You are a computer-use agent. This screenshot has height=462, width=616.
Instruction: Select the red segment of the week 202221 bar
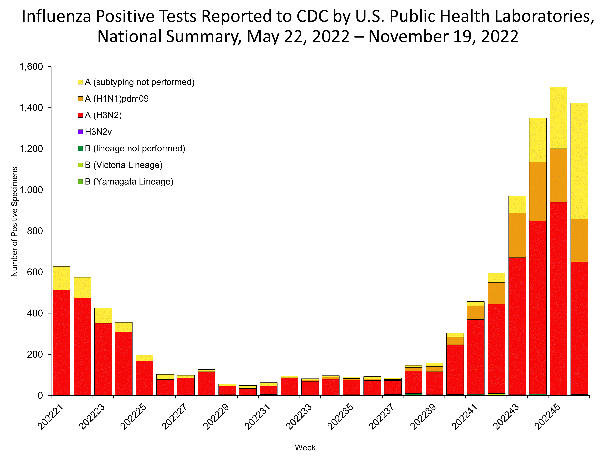[62, 342]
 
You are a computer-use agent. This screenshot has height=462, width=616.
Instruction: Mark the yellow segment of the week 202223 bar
[103, 316]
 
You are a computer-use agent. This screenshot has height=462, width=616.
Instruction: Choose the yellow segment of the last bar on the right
[579, 161]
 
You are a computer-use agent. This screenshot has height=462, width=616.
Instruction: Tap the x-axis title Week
[305, 447]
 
